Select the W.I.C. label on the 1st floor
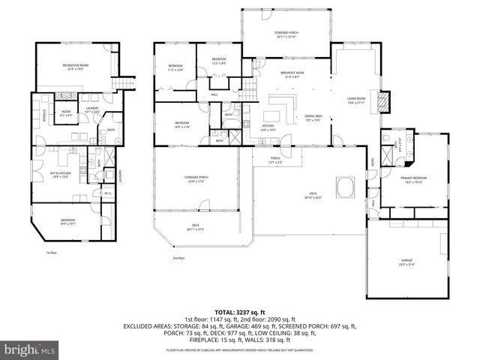[107, 193]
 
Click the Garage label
[406, 262]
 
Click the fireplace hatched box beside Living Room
[384, 100]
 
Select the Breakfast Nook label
[291, 75]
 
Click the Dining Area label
[313, 118]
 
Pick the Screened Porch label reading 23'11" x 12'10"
[286, 34]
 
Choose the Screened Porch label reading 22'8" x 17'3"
[196, 179]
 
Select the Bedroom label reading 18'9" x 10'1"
[68, 221]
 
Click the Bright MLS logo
[30, 349]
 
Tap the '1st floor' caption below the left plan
[52, 253]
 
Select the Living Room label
[355, 100]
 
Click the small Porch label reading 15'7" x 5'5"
[275, 160]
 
